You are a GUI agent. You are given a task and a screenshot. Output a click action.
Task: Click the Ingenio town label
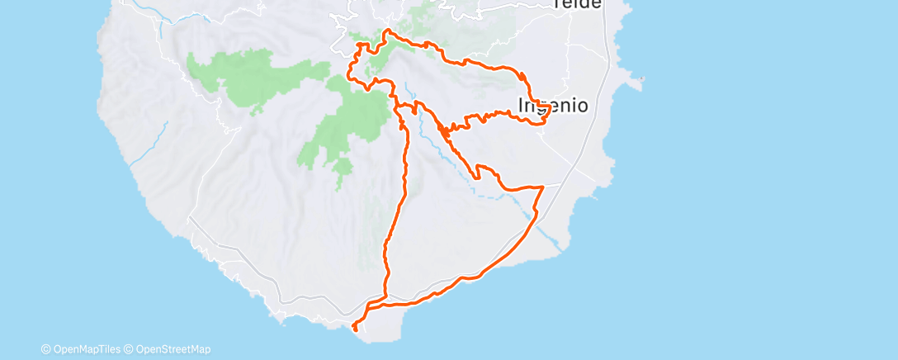point(553,106)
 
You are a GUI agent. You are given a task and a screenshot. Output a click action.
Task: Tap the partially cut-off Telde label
point(578,4)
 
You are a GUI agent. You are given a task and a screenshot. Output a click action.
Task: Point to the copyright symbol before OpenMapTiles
point(46,349)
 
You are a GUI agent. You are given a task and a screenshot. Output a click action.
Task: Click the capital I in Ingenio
point(520,106)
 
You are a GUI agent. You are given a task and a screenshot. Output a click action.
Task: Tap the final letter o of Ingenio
point(582,106)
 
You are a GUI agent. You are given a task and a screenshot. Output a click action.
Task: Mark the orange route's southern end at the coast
point(355,329)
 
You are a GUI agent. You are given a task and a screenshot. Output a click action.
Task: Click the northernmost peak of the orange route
point(386,32)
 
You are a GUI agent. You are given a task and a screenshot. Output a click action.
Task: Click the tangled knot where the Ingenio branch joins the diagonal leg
point(446,130)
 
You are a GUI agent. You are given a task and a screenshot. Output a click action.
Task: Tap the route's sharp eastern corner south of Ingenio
point(542,187)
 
